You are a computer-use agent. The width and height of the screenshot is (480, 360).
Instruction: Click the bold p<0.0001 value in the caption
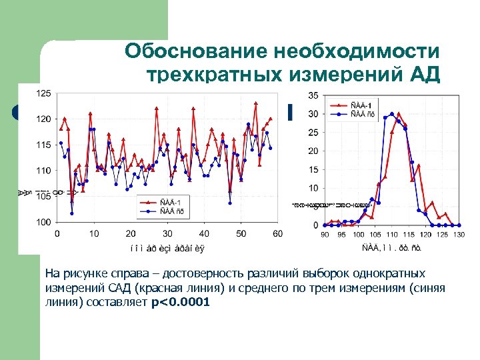pos(181,302)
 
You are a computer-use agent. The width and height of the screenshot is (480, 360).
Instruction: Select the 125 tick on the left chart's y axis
pos(43,93)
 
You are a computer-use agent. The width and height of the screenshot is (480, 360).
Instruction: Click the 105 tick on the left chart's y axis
pos(43,196)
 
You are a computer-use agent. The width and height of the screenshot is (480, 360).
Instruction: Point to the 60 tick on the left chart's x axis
pos(277,233)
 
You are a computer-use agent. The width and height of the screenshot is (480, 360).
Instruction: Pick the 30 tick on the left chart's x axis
pos(167,233)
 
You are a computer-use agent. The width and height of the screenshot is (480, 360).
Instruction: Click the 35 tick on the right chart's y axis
pos(313,95)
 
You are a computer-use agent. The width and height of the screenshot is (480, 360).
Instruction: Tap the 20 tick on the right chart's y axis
pos(313,151)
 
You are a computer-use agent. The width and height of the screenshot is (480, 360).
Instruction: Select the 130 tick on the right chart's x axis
pos(459,234)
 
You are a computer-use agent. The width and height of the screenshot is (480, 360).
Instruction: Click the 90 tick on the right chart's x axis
pos(325,234)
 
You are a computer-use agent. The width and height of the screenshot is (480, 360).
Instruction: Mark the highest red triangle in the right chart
pos(399,114)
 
